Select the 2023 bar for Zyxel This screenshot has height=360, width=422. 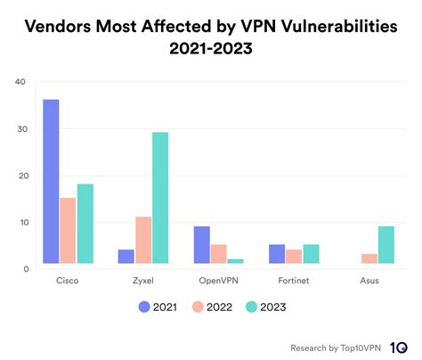pos(160,198)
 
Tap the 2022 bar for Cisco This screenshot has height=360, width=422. pos(68,230)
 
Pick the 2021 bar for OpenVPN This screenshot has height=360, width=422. pos(202,244)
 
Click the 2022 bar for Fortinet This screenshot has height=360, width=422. pos(295,256)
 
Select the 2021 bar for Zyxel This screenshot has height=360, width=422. pos(126,256)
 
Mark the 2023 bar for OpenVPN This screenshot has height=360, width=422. pos(236,260)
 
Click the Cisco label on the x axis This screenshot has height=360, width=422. pos(67,281)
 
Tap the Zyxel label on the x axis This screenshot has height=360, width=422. pos(143,281)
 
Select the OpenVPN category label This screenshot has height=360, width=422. pos(219,281)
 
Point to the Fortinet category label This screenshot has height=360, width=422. pos(295,281)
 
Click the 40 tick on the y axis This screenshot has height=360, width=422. pos(20,83)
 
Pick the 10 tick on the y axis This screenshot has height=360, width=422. pos(20,222)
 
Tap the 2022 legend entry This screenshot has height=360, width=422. pos(209,307)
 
